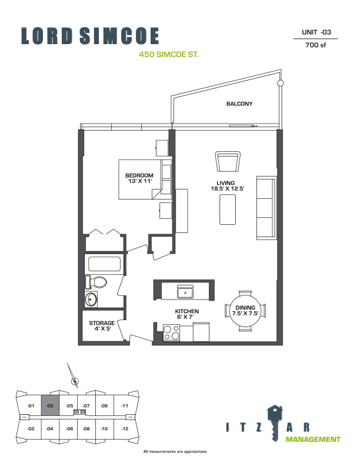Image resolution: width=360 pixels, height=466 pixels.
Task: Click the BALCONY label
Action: click(x=239, y=104)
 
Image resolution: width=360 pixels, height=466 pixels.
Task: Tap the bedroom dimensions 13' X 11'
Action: click(x=140, y=181)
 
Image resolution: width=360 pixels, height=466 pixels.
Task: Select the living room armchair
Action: click(x=228, y=161)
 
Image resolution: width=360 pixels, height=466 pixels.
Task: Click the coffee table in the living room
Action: click(x=228, y=209)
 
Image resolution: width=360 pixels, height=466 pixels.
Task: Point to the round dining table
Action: click(x=245, y=311)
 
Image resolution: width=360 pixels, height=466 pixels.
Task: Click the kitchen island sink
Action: click(x=185, y=292)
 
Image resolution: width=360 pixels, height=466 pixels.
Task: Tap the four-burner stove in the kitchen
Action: click(x=171, y=332)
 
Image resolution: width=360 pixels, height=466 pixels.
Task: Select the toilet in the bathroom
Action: click(x=96, y=282)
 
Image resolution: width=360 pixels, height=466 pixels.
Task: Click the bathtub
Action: click(x=104, y=264)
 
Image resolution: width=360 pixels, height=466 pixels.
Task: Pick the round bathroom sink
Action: click(x=91, y=299)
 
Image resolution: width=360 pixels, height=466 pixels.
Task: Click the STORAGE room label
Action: click(x=102, y=323)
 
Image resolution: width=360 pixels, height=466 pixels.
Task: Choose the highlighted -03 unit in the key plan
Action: click(x=50, y=405)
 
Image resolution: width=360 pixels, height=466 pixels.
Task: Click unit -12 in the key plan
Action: click(x=125, y=428)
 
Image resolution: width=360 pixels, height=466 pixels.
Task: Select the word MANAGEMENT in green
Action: click(x=313, y=440)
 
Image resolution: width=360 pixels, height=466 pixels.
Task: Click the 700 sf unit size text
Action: click(x=315, y=45)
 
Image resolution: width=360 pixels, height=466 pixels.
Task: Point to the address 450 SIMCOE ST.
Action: click(x=169, y=55)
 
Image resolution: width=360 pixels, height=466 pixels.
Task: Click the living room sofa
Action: click(x=266, y=208)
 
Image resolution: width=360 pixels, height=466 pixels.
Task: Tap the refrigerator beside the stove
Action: click(x=201, y=332)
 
